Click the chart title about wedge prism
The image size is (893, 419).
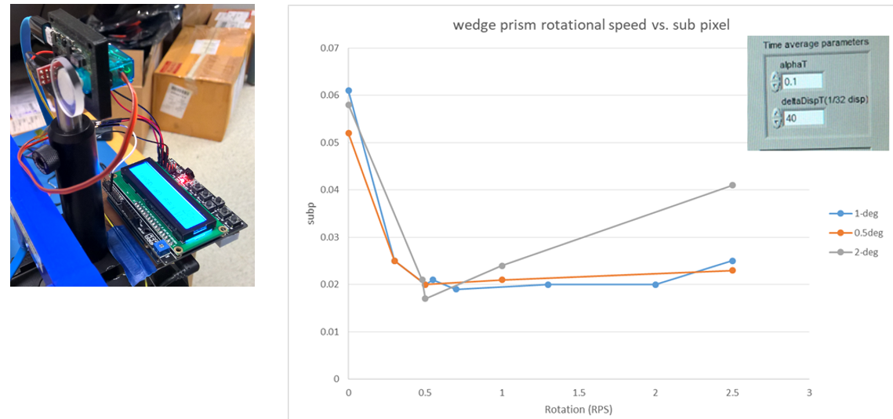(x=591, y=25)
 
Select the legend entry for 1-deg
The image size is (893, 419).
(x=862, y=213)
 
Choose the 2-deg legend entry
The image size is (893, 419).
(x=862, y=251)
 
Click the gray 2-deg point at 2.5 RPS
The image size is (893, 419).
(x=732, y=185)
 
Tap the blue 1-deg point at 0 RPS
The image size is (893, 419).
(x=349, y=91)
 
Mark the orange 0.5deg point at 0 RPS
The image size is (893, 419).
(x=349, y=133)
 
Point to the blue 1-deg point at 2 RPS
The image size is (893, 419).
(x=655, y=284)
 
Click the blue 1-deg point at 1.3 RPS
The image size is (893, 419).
(x=548, y=284)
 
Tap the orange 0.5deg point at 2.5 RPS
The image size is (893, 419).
(x=732, y=270)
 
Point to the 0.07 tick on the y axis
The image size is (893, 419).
(x=329, y=49)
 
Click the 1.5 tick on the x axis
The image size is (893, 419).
(x=579, y=392)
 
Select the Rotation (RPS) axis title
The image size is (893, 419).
(x=579, y=410)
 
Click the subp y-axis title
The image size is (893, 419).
(x=311, y=213)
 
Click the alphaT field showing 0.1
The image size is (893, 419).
(x=802, y=81)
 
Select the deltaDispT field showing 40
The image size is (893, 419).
(x=802, y=118)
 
